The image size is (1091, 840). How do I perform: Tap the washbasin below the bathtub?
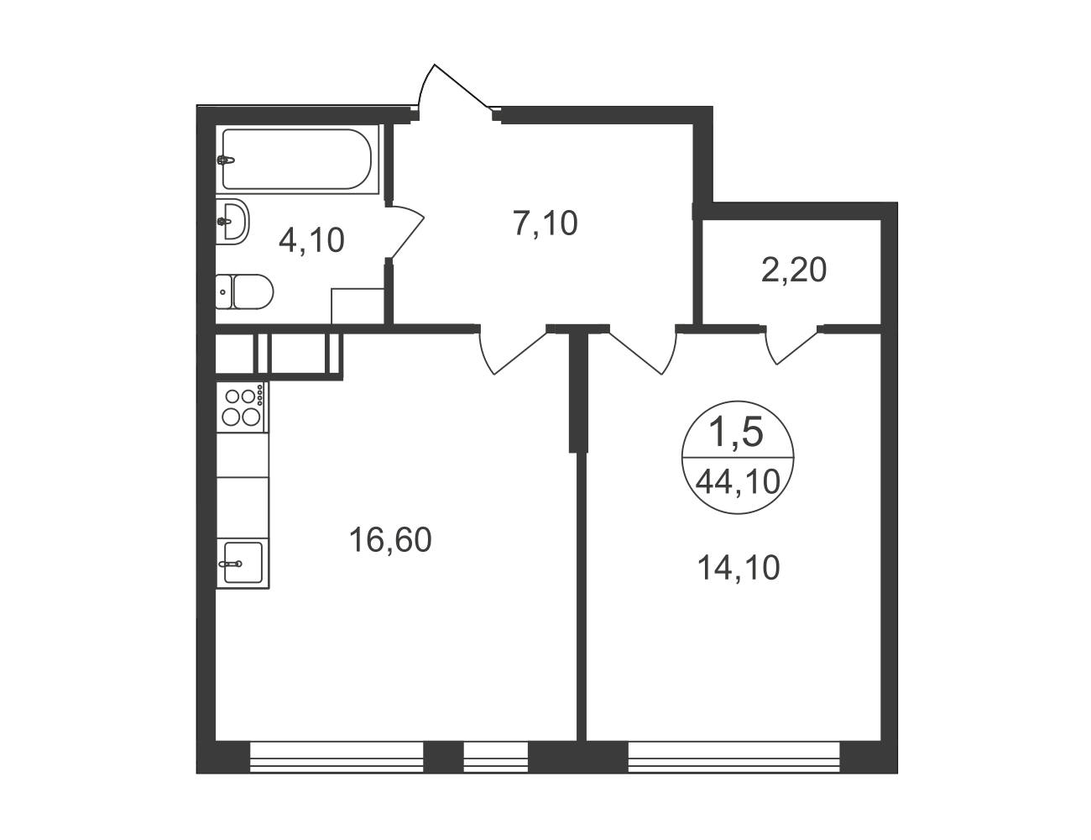click(x=232, y=221)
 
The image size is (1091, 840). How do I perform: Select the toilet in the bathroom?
click(x=244, y=291)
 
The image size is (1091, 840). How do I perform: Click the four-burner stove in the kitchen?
click(x=243, y=407)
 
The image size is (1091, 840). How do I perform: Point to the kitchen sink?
click(x=242, y=562)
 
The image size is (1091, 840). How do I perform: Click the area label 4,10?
click(x=311, y=240)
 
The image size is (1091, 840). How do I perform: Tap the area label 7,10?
click(x=545, y=223)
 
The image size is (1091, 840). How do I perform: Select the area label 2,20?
click(x=794, y=270)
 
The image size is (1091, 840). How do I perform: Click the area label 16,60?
click(x=390, y=539)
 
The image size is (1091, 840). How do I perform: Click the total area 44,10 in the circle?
click(x=738, y=483)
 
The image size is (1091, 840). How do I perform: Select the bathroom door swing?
click(x=405, y=232)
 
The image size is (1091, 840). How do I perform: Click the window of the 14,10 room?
click(x=734, y=758)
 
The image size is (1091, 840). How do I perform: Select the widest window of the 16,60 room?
click(x=337, y=758)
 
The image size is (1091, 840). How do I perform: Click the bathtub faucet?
click(x=226, y=160)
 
